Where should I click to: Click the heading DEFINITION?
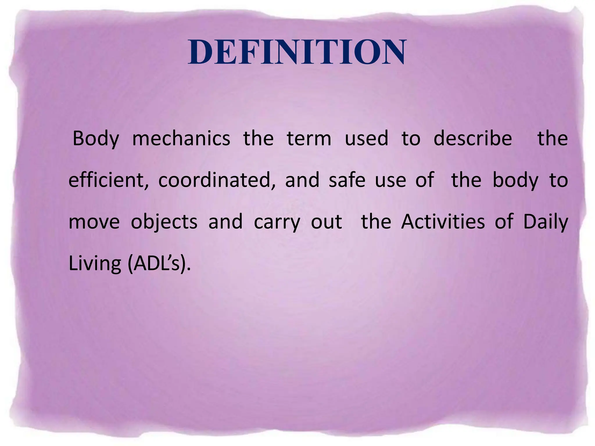click(297, 52)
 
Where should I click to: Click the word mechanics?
click(181, 139)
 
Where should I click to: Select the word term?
click(309, 139)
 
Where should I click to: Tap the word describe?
click(473, 139)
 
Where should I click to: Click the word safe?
click(347, 180)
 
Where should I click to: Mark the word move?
click(94, 222)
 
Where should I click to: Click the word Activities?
click(443, 222)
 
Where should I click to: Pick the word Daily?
click(546, 222)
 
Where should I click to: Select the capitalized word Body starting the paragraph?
click(96, 139)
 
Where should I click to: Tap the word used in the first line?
click(366, 139)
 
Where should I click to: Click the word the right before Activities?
click(376, 222)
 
